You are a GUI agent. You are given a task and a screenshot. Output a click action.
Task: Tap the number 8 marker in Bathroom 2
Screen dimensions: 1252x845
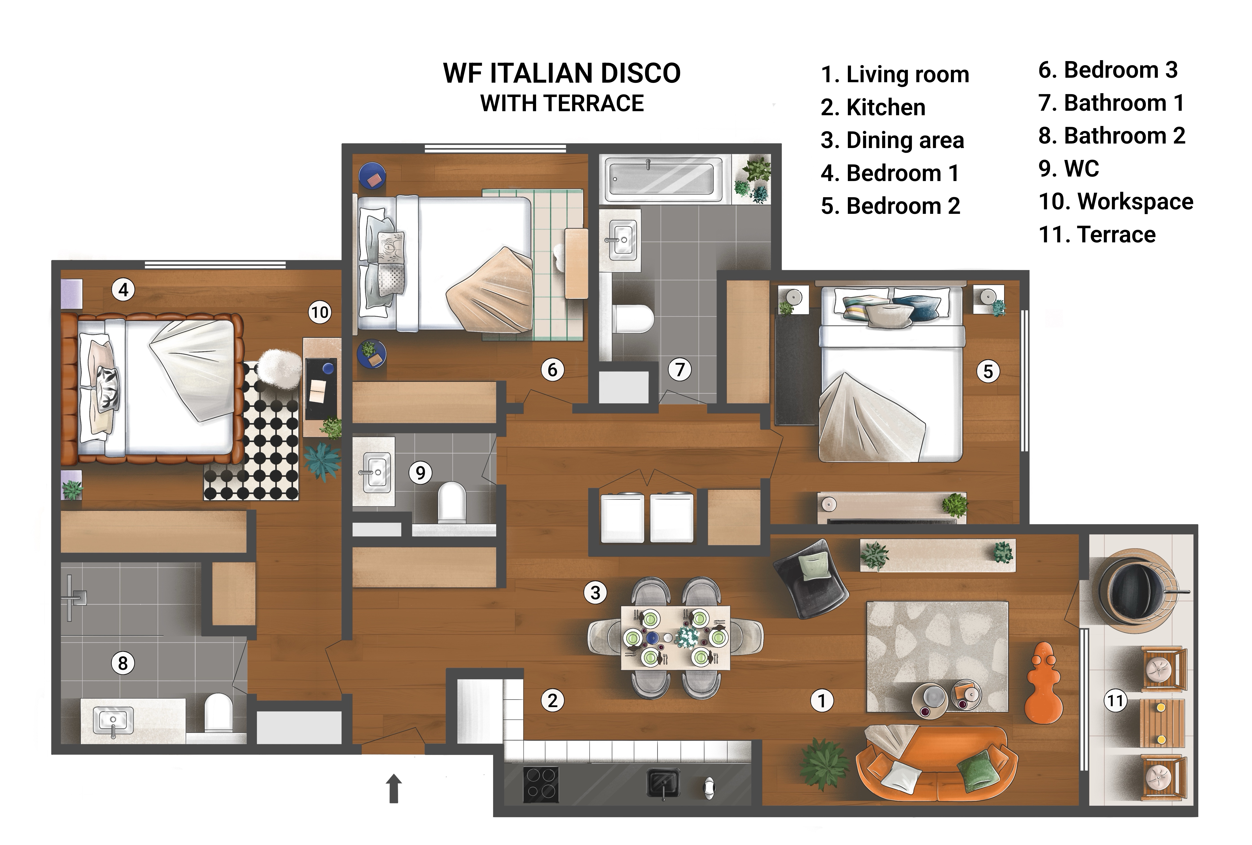(x=123, y=663)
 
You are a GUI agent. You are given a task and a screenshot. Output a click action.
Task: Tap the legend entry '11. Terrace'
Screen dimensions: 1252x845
(x=1097, y=234)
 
